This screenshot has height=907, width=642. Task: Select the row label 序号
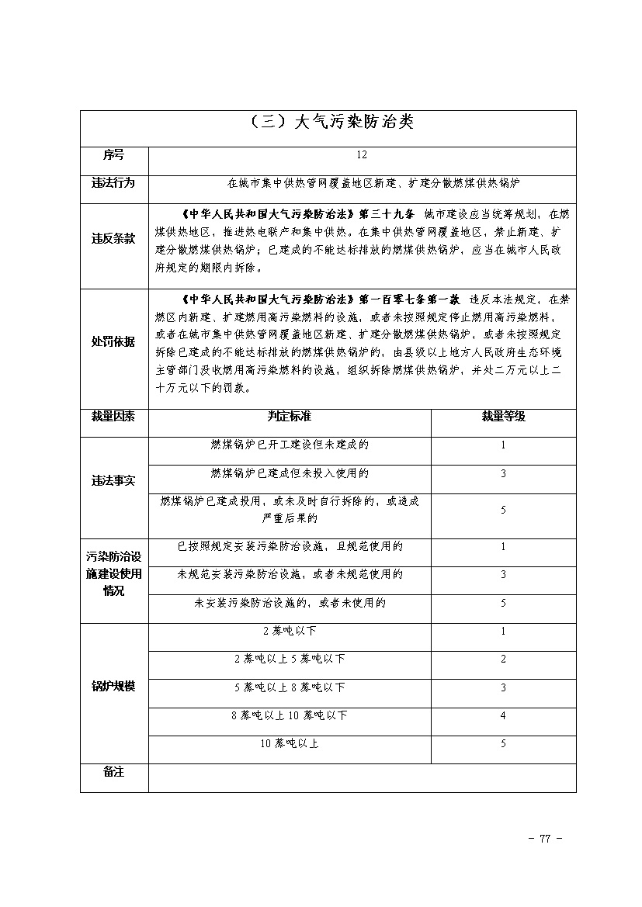(x=113, y=155)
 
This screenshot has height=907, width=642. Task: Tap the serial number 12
(x=362, y=155)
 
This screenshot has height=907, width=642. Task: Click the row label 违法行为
(x=113, y=183)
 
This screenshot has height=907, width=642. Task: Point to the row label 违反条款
(x=113, y=239)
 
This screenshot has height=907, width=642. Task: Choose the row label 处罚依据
(x=113, y=342)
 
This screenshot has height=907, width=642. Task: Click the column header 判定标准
(x=290, y=417)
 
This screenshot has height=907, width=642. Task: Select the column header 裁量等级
(x=503, y=417)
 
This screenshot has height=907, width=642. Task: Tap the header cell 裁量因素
(x=113, y=417)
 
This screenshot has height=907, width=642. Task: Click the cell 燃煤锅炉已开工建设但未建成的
(x=290, y=445)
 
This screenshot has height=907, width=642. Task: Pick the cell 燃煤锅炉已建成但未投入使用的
(x=290, y=473)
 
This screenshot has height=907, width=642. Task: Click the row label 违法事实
(x=113, y=481)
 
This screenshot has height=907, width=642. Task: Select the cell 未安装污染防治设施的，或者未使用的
(x=290, y=603)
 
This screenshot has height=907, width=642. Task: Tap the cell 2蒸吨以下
(x=290, y=631)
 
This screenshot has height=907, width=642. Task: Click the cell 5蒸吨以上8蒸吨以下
(x=290, y=687)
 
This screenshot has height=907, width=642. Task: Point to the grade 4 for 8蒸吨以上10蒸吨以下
(x=503, y=715)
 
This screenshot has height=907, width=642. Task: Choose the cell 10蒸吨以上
(x=290, y=743)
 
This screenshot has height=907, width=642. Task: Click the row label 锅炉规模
(x=113, y=687)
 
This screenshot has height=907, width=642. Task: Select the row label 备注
(x=113, y=773)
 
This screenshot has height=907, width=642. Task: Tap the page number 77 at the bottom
(x=544, y=838)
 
